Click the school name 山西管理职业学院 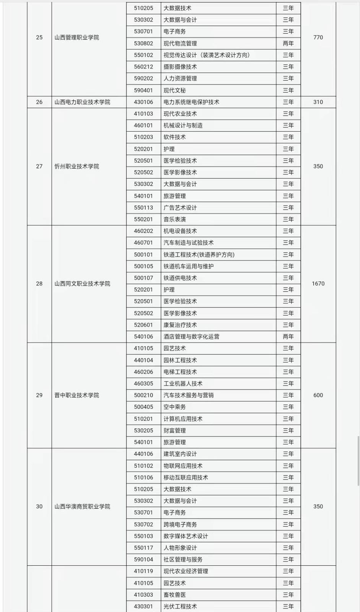[x=77, y=37]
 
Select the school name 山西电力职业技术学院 [x=82, y=102]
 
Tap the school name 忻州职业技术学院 [x=77, y=166]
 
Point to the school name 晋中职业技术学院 [x=77, y=395]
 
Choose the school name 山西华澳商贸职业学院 [x=82, y=506]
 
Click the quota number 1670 [x=318, y=284]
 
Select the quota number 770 [x=318, y=37]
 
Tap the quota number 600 [x=318, y=395]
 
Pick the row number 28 [x=39, y=284]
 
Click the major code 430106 [x=143, y=102]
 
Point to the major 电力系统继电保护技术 [x=191, y=102]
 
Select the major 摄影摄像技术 [x=180, y=67]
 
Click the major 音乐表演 [x=174, y=220]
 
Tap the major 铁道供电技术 [x=180, y=278]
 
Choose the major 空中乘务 [x=174, y=407]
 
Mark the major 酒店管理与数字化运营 [x=191, y=337]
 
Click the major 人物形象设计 [x=180, y=548]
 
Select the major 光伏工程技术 [x=180, y=606]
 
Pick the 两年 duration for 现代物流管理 [x=288, y=44]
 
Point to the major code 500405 [x=143, y=407]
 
